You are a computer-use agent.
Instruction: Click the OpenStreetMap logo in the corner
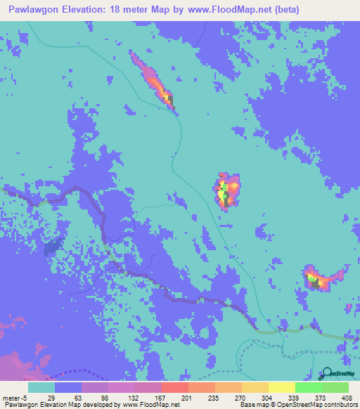click(x=339, y=375)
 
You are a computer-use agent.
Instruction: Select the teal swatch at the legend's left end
click(x=41, y=388)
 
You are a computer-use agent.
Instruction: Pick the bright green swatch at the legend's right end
click(x=335, y=388)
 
